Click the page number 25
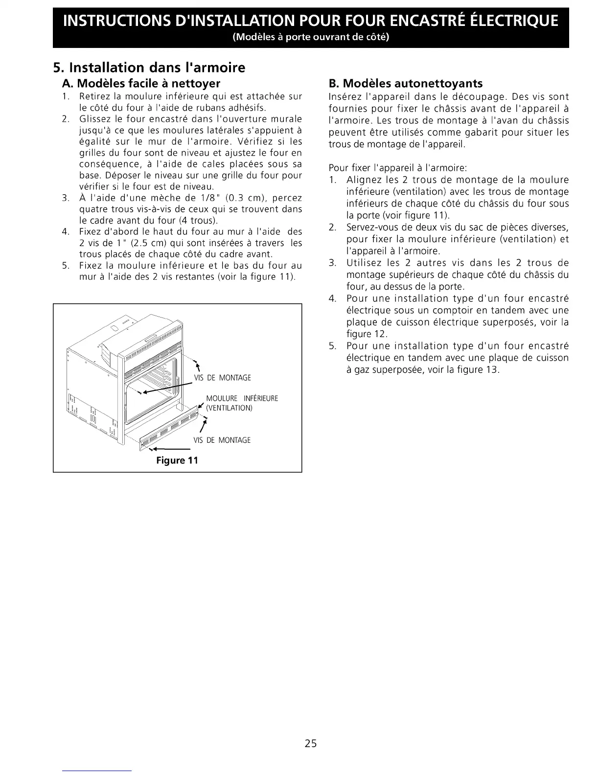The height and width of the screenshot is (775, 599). (311, 744)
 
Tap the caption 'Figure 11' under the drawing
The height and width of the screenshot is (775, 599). (177, 460)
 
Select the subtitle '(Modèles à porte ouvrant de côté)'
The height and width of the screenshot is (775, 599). (311, 37)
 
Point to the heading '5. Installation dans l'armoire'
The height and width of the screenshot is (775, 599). (149, 67)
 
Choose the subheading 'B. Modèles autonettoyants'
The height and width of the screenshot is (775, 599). (406, 83)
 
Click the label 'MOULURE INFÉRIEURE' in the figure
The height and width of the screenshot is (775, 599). (242, 398)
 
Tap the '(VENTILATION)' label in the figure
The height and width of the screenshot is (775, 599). (229, 408)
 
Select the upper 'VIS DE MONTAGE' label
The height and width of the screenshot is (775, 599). (222, 378)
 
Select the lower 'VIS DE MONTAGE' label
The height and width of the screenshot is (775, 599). (222, 440)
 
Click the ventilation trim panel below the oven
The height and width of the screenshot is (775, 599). (169, 431)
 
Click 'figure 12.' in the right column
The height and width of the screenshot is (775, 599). (367, 334)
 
